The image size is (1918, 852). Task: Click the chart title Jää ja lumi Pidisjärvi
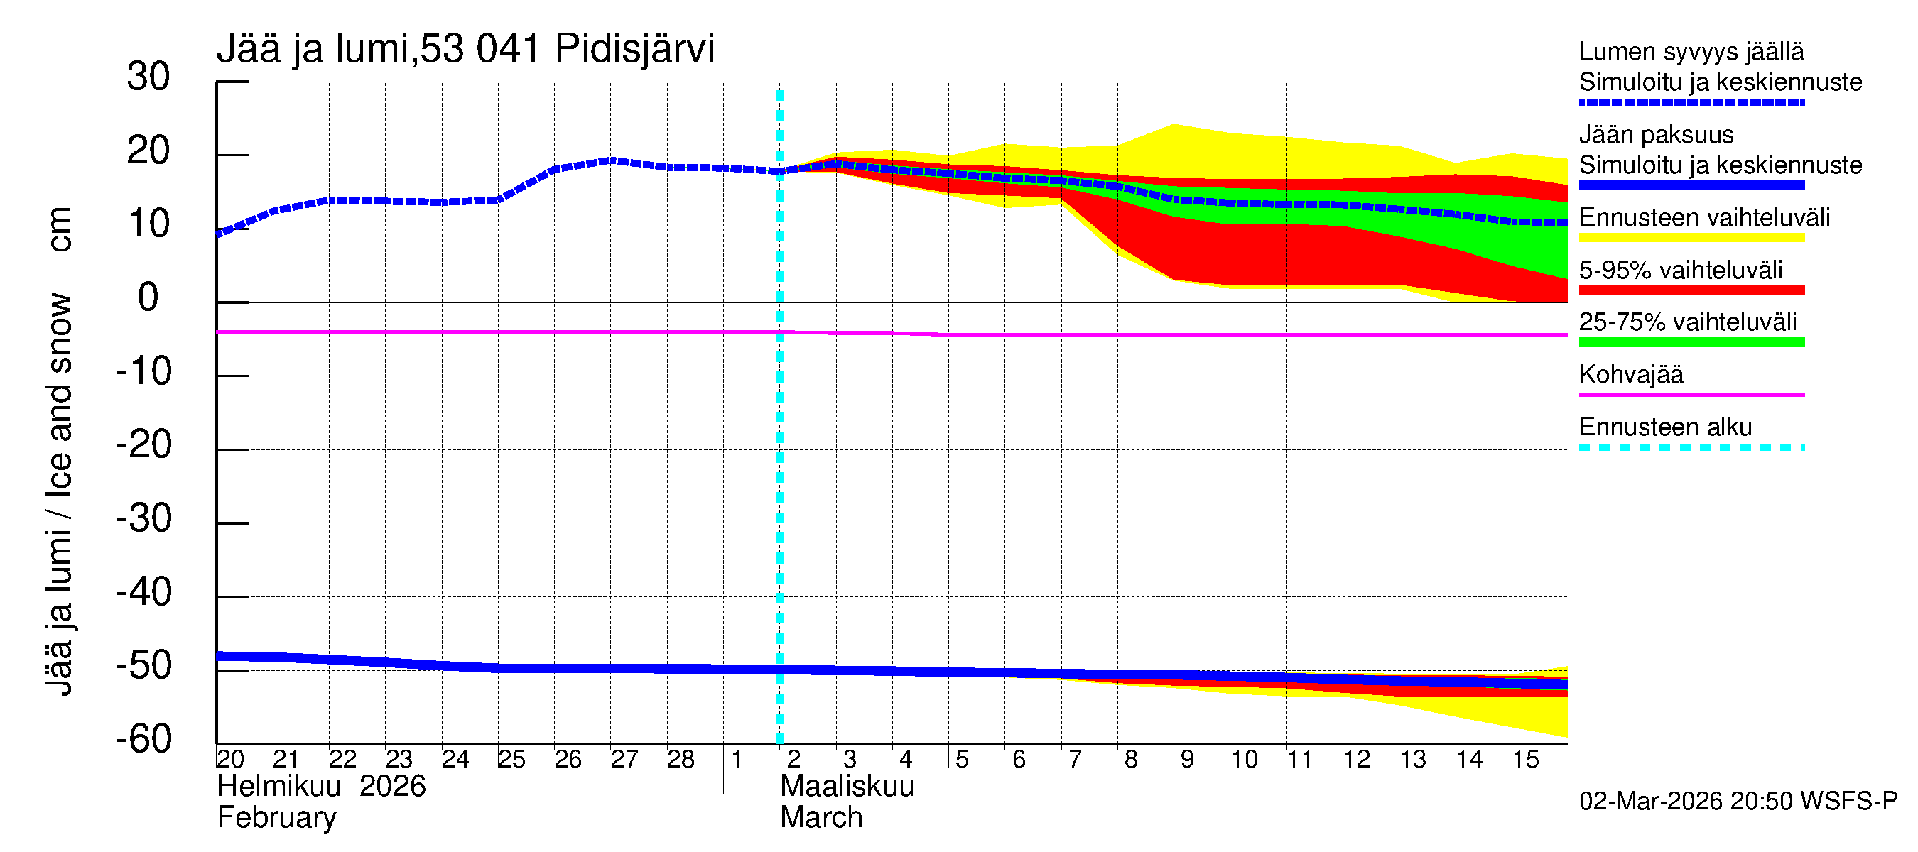(465, 49)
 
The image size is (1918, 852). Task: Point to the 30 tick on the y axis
(148, 77)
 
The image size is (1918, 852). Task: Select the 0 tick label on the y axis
(148, 297)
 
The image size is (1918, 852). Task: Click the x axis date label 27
(624, 760)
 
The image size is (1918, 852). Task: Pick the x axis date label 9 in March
(1187, 760)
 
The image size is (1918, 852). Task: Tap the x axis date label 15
(1524, 760)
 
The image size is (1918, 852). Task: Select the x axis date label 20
(230, 760)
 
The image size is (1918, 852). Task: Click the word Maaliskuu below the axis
(847, 787)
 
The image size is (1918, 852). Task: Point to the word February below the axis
(276, 818)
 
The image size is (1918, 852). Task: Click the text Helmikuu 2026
(321, 787)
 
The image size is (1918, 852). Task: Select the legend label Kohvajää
(1630, 374)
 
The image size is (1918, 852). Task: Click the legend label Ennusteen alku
(1665, 427)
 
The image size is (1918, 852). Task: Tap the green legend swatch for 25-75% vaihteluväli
(1691, 342)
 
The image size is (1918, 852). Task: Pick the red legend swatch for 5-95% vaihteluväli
(1691, 290)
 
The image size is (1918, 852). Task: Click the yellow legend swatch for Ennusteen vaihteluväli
(1691, 238)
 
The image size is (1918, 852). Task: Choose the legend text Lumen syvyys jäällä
(1691, 51)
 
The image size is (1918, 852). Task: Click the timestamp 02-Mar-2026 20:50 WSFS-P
(1738, 802)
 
